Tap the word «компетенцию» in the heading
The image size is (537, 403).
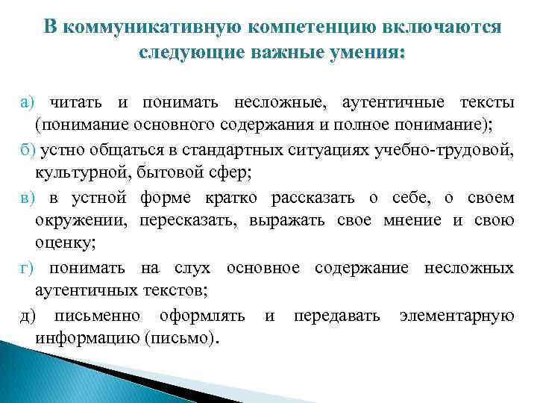click(307, 27)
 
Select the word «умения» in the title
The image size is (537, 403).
click(365, 54)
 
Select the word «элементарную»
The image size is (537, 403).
click(456, 316)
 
